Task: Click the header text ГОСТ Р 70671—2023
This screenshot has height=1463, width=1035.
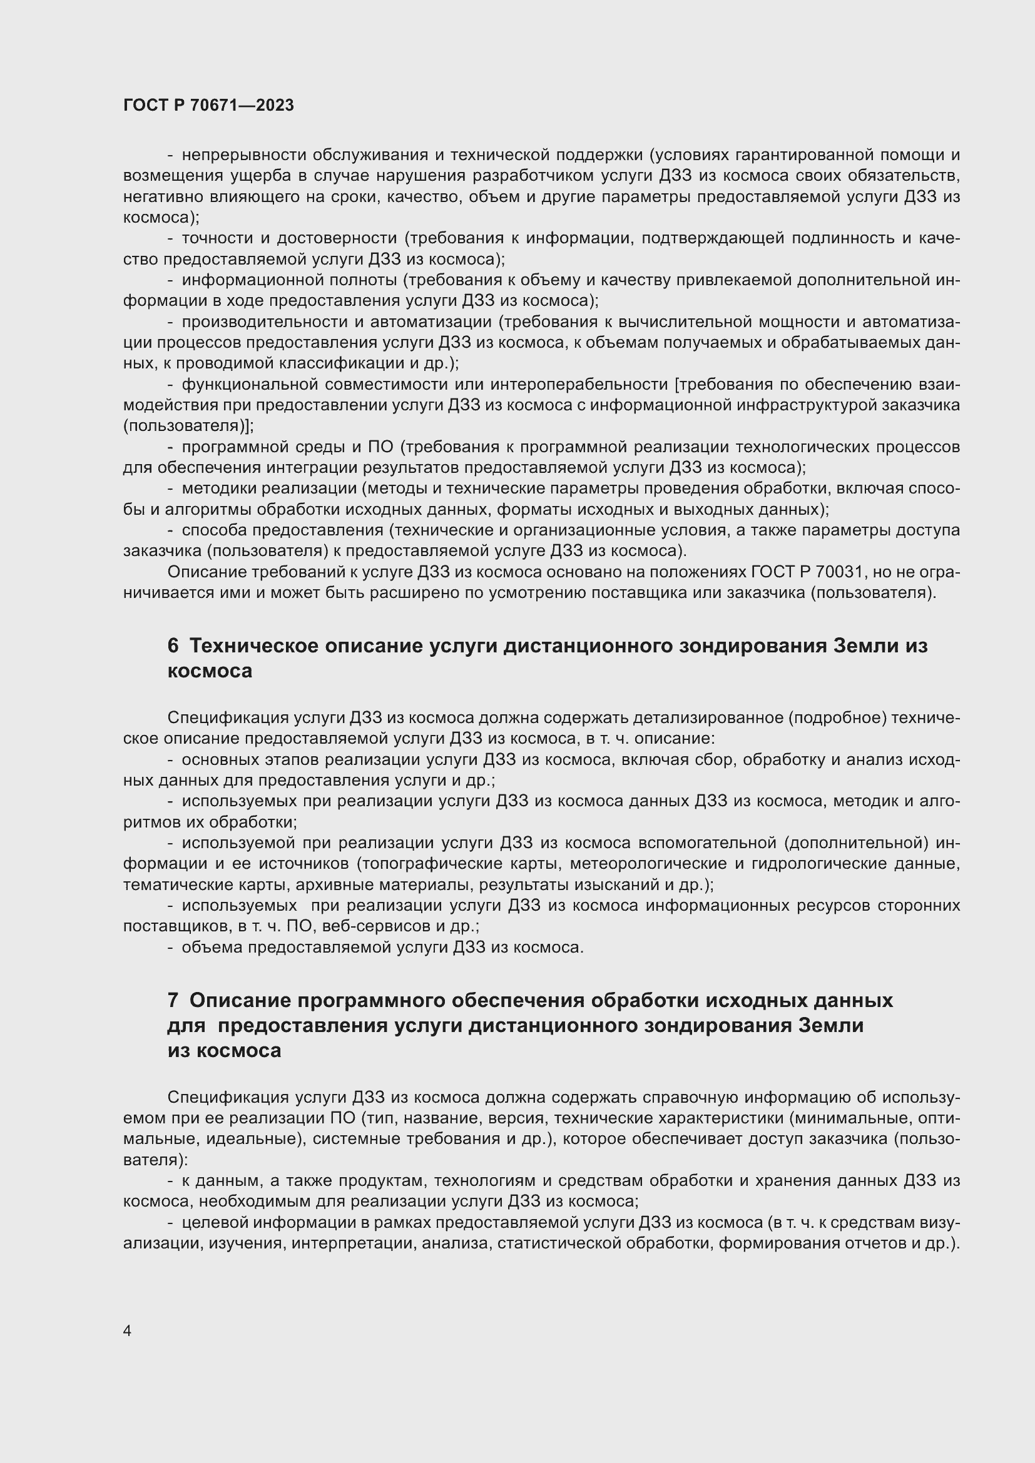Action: point(208,105)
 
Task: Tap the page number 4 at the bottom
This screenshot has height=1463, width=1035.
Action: point(127,1330)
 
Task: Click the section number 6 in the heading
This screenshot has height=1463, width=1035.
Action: point(173,646)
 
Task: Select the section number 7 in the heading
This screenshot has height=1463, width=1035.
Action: point(173,1000)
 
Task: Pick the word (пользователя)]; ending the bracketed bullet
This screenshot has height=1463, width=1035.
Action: point(188,426)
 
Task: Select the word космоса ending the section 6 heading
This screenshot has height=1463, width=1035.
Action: point(210,671)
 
